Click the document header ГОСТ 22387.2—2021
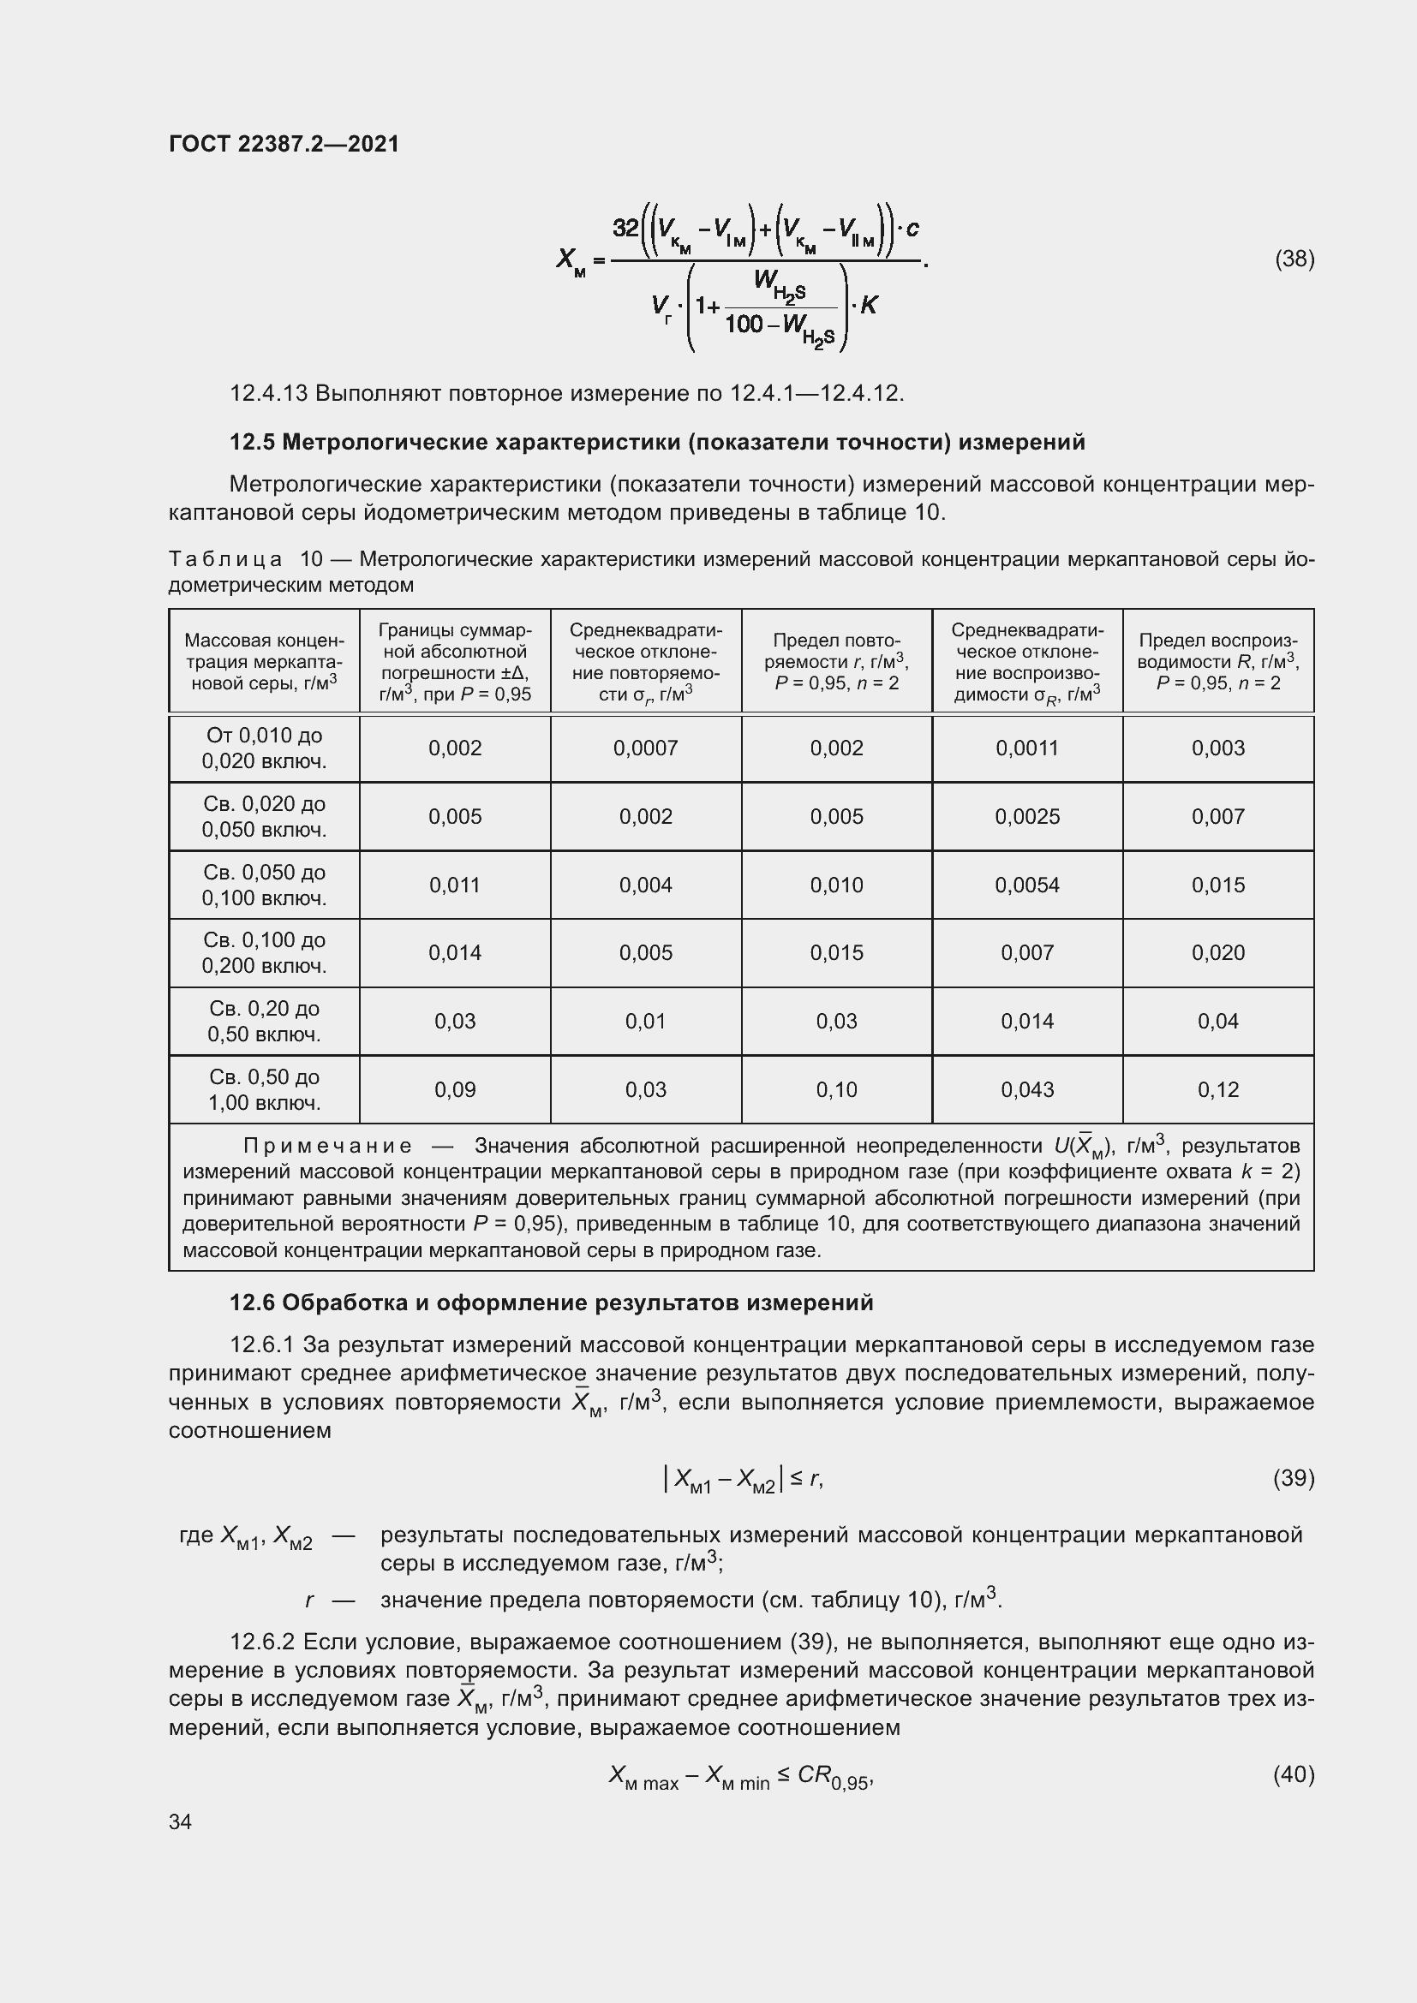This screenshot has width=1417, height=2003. click(284, 144)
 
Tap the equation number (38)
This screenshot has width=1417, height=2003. click(1294, 259)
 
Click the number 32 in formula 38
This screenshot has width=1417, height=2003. click(625, 229)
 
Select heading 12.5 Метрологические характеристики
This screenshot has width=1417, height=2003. click(657, 442)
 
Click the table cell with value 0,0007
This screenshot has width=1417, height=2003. click(646, 748)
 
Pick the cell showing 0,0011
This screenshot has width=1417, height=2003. click(1027, 748)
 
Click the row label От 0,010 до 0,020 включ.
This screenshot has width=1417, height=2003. click(265, 748)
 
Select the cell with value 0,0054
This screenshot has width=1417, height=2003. click(1027, 885)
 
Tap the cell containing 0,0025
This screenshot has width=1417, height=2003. click(1027, 817)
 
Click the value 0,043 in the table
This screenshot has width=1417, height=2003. click(1027, 1089)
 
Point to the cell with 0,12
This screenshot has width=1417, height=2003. click(1218, 1089)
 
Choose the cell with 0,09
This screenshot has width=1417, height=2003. click(455, 1089)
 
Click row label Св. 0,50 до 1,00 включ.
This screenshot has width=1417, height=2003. click(265, 1089)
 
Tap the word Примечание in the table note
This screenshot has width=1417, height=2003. click(327, 1146)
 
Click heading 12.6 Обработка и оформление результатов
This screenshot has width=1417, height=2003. click(551, 1303)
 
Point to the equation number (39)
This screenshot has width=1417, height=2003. click(1294, 1478)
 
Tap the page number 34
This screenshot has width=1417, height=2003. click(181, 1821)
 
